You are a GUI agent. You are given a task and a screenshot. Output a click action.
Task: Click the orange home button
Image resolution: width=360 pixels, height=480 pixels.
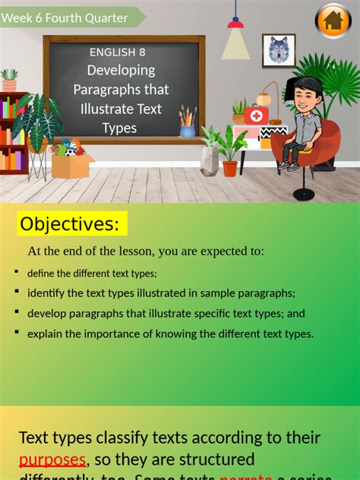(x=333, y=21)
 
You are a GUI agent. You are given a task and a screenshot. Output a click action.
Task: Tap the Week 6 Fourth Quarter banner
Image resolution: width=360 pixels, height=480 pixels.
(x=67, y=17)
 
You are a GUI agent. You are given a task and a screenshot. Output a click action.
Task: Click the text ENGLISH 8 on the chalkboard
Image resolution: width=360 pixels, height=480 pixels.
(x=117, y=52)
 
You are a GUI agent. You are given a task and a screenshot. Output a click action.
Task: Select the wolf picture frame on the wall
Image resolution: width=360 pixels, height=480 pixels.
(x=279, y=51)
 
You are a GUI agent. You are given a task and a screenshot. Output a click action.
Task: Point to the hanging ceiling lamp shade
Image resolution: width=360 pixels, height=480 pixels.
(x=236, y=43)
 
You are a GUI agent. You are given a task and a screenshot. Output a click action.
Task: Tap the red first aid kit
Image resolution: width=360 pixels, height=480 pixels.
(x=256, y=115)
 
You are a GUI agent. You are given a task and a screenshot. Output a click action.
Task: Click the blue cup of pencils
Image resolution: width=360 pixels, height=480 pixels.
(x=187, y=129)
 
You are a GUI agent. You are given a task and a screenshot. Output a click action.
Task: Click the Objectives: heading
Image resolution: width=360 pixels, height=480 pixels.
(x=70, y=224)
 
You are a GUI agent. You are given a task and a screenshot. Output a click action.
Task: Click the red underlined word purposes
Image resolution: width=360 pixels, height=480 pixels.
(x=52, y=460)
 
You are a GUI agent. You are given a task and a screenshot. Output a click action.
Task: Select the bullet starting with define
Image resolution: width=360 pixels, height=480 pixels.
(x=92, y=273)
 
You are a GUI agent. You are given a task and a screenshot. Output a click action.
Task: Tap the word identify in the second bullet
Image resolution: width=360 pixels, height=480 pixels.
(x=48, y=293)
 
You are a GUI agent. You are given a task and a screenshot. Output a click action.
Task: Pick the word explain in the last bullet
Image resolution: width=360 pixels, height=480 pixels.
(x=46, y=333)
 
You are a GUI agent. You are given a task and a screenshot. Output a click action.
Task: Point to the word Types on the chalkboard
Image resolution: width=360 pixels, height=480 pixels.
(x=119, y=128)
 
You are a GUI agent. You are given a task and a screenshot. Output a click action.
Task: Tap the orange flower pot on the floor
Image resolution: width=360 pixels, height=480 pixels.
(x=229, y=168)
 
